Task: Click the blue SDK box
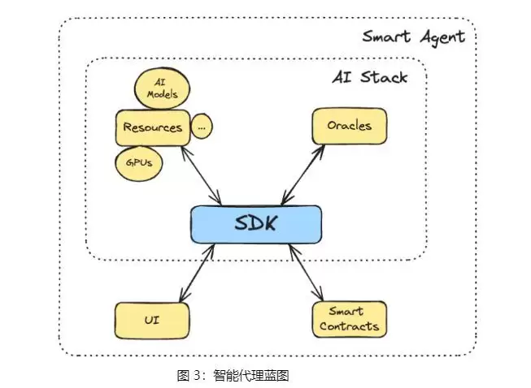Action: [255, 224]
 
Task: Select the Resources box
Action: [152, 127]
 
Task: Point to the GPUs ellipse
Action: [139, 162]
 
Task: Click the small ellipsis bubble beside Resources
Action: [202, 127]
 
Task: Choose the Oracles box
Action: [349, 127]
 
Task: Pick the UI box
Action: [150, 321]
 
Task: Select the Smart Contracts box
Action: [348, 319]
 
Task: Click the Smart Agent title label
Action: [413, 37]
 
